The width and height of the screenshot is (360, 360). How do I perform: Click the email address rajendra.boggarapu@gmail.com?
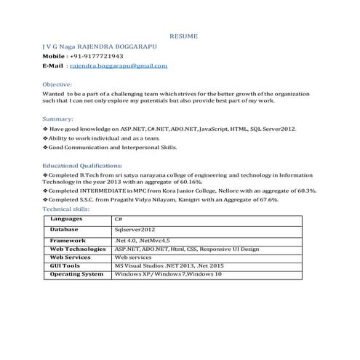[118, 65]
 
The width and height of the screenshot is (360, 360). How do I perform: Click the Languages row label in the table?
[66, 218]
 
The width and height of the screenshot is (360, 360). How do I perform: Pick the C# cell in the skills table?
[118, 218]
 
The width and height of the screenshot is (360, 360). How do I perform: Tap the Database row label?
[65, 228]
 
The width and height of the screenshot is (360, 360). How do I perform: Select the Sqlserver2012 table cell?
[135, 228]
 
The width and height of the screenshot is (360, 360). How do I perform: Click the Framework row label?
[68, 240]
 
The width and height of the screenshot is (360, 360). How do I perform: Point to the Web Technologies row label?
[78, 249]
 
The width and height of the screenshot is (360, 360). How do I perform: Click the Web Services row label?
[70, 257]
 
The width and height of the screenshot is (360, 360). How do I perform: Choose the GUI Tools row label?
[65, 265]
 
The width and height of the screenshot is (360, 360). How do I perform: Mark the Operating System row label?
[76, 274]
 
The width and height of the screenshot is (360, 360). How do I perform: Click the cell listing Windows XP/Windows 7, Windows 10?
[168, 274]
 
